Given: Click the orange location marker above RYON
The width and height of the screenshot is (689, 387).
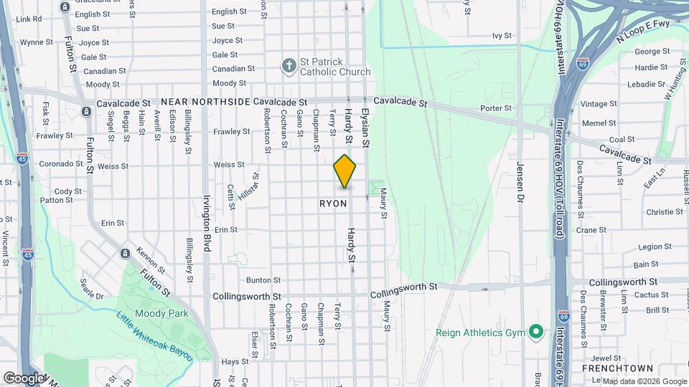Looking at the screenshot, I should (x=345, y=171).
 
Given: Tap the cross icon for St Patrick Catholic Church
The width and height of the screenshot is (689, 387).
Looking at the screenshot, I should (x=289, y=66).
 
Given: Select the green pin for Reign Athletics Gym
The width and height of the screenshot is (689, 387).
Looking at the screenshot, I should (x=535, y=332).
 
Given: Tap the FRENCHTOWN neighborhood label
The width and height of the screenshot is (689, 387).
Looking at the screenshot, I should (x=611, y=368).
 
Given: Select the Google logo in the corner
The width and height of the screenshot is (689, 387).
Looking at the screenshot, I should (x=23, y=378).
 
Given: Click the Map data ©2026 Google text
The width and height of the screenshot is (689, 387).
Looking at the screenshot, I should (x=644, y=381).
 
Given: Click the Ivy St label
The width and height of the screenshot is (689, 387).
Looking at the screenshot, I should (x=502, y=35).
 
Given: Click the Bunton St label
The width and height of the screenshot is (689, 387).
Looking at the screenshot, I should (x=263, y=280).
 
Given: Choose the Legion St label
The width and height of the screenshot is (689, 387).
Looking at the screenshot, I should (x=647, y=247).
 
